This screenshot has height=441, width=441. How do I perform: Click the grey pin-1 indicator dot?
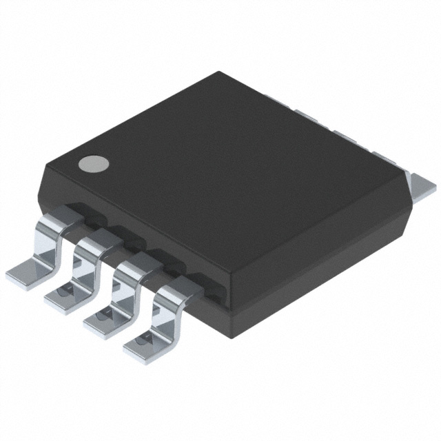[x=94, y=163]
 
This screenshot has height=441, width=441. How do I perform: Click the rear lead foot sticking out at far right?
[x=422, y=185]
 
